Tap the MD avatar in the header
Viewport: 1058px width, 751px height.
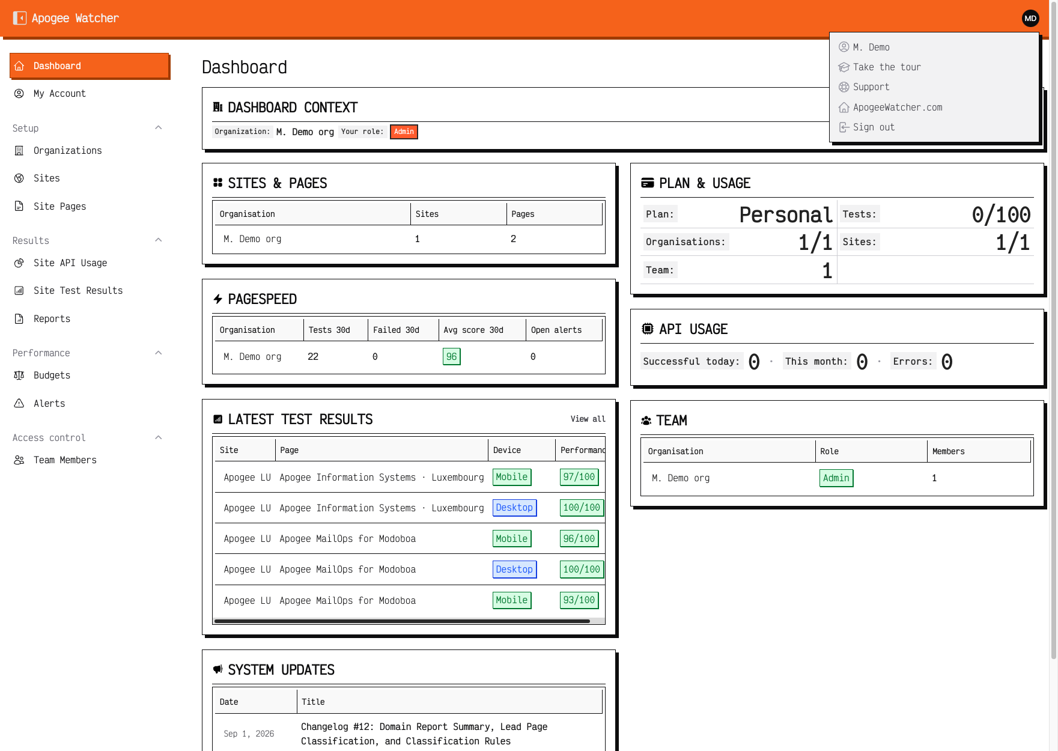(1030, 19)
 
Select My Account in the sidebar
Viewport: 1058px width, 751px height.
(59, 94)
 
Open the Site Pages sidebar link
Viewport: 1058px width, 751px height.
(59, 207)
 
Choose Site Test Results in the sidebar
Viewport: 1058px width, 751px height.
(78, 291)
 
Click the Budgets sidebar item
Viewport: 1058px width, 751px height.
(52, 375)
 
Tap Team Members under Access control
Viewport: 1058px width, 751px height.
(65, 460)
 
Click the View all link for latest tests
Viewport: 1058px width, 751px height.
(588, 419)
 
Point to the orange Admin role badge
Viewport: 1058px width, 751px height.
(404, 132)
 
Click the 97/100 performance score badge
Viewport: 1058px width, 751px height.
(579, 477)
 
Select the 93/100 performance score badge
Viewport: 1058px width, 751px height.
(579, 600)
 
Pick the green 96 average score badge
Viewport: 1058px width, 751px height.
(451, 357)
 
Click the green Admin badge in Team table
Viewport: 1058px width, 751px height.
(836, 478)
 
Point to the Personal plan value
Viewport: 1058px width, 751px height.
(786, 214)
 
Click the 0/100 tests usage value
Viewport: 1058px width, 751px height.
(1001, 214)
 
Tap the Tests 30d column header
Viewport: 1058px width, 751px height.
(329, 330)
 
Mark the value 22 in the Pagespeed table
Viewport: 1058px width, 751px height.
(313, 357)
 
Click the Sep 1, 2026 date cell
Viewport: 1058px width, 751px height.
(249, 734)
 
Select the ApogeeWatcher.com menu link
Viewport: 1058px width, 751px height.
(898, 108)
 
